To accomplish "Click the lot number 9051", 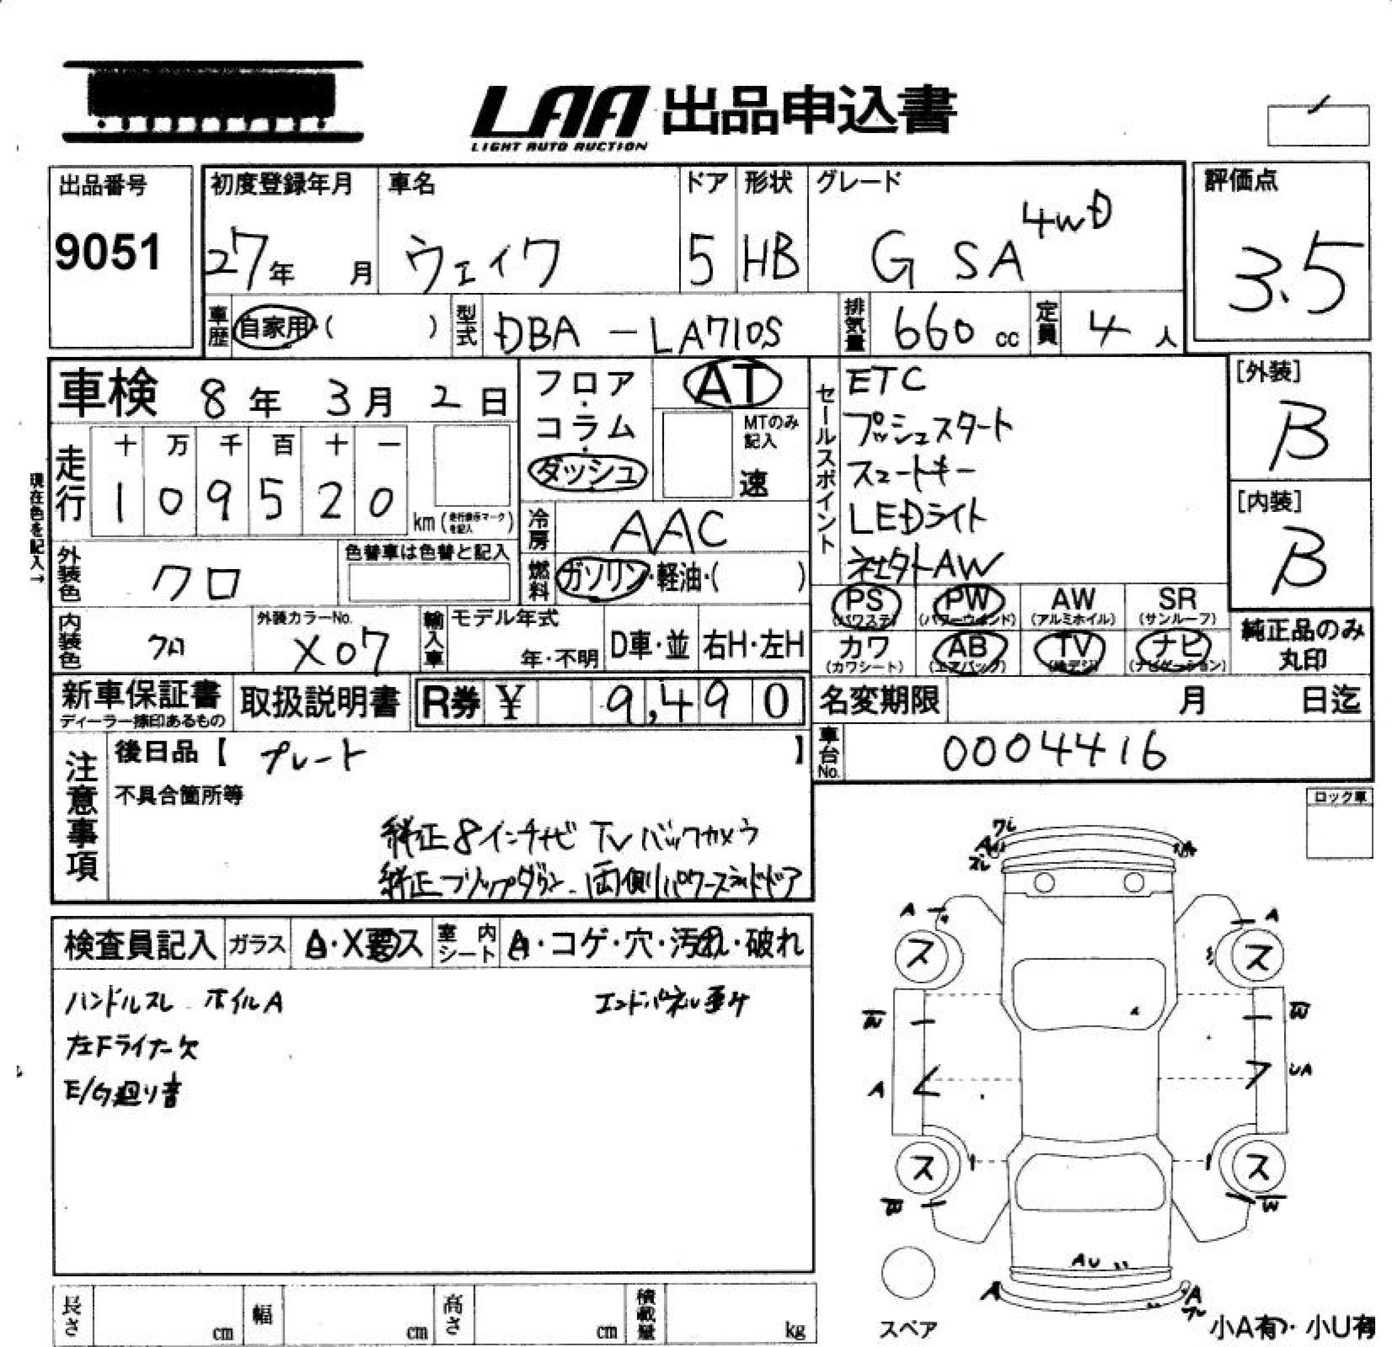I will (x=108, y=253).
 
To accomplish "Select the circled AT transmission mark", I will (x=731, y=384).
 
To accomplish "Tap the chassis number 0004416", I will (x=1054, y=752).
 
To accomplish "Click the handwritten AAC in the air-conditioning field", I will (x=670, y=531).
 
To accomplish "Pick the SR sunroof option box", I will (x=1177, y=606).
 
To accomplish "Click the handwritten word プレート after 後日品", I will (x=313, y=758).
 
